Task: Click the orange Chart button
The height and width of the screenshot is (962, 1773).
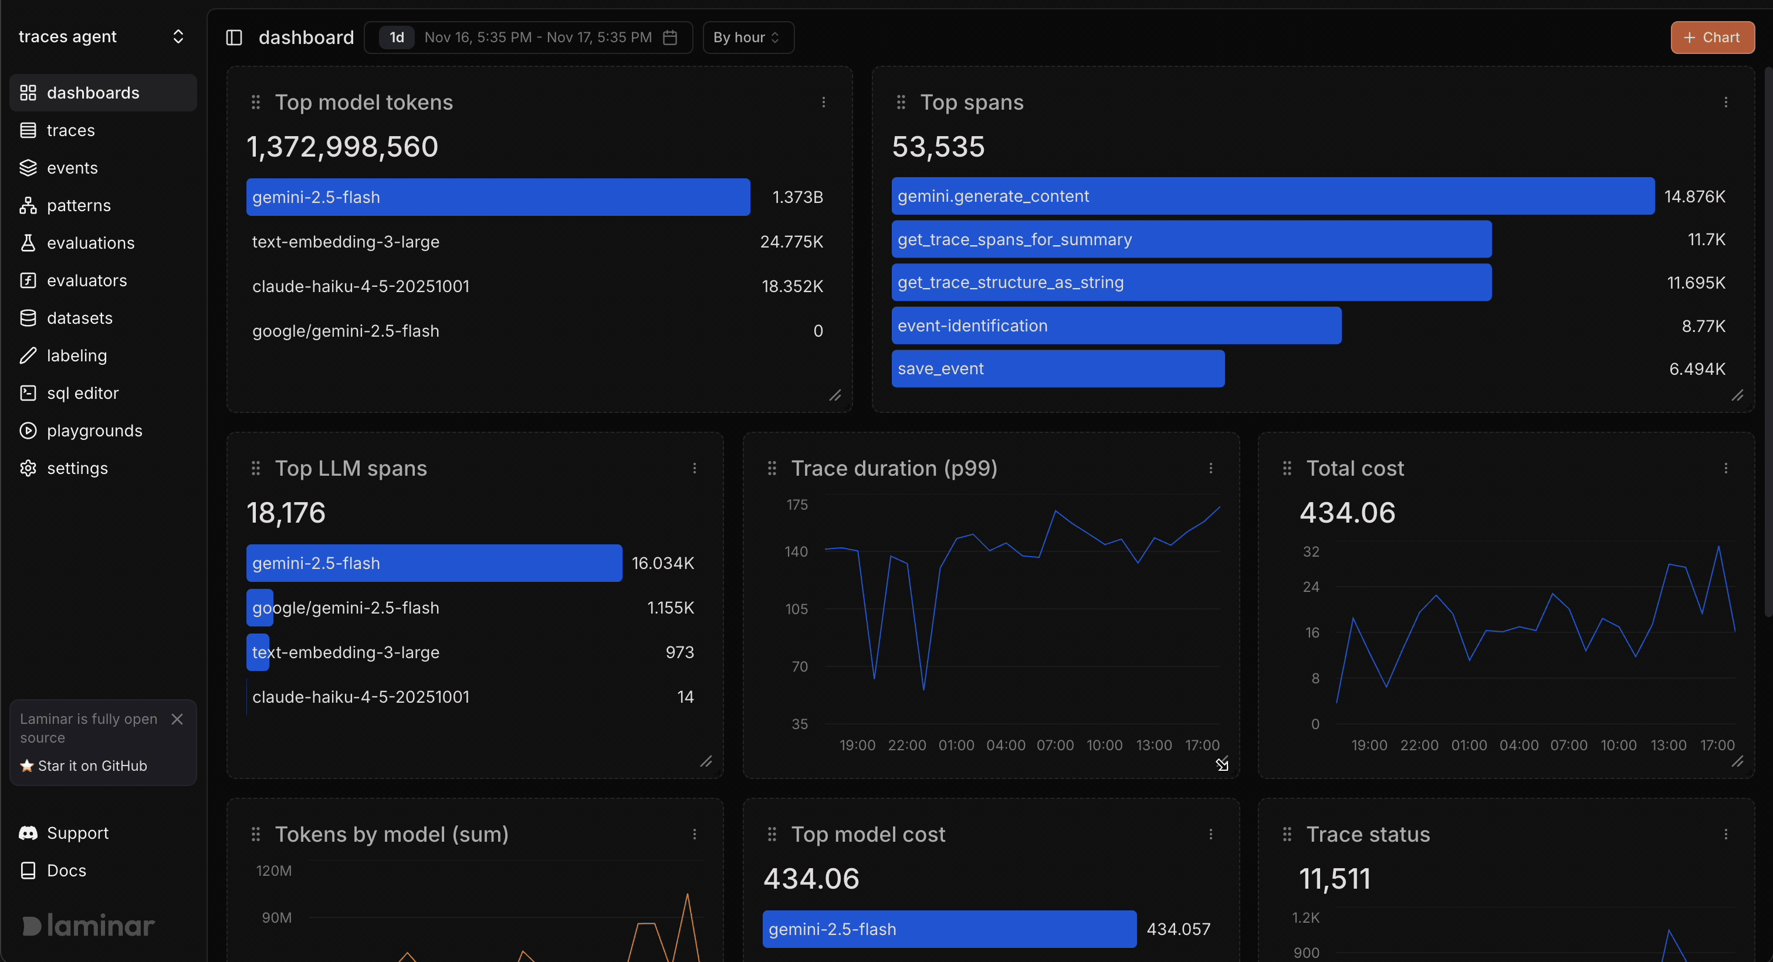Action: (1712, 37)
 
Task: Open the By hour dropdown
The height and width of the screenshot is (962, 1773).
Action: (747, 37)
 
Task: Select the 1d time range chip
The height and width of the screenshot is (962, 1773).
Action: (397, 37)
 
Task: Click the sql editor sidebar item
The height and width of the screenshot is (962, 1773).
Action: (82, 393)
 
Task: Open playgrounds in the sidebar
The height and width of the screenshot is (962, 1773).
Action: (94, 431)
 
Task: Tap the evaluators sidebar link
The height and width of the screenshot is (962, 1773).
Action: (86, 281)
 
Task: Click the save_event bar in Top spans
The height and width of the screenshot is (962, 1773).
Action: (1057, 369)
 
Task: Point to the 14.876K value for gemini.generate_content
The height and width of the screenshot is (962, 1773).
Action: (1694, 197)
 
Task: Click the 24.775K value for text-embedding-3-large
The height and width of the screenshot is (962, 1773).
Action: (791, 242)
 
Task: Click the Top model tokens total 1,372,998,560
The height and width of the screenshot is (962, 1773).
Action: (342, 147)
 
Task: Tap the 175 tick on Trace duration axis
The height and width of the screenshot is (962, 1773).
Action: (796, 504)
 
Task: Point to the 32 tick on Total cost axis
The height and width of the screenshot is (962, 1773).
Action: (1311, 551)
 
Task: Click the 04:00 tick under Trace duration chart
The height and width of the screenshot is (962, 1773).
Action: (1005, 745)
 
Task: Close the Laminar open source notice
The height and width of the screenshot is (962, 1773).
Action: (177, 719)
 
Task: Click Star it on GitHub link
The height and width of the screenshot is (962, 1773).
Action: (92, 766)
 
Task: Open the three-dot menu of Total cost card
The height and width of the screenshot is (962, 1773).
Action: (1725, 469)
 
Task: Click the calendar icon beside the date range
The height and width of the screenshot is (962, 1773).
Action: (669, 37)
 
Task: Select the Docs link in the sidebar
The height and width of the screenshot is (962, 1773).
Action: (66, 870)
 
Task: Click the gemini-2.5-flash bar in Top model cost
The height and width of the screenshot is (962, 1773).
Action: (949, 929)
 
